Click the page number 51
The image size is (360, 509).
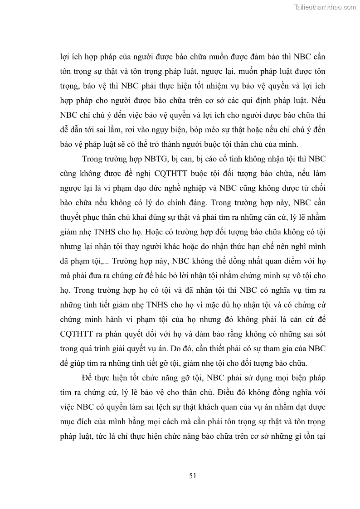point(192,475)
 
